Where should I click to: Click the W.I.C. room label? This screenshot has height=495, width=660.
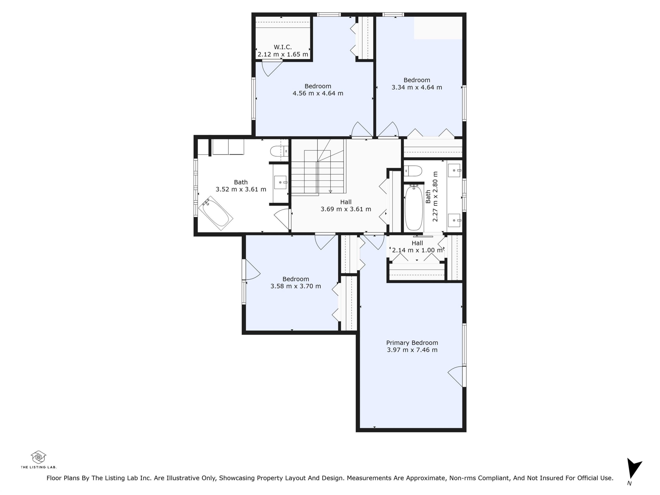tap(282, 47)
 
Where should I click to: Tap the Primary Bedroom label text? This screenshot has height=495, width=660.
tap(412, 343)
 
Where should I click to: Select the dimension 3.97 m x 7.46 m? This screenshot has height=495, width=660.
tap(412, 350)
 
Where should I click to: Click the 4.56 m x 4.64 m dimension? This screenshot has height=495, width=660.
tap(318, 93)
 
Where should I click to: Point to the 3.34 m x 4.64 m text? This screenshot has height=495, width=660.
tap(417, 87)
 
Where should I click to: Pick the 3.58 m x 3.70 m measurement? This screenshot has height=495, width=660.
tap(296, 286)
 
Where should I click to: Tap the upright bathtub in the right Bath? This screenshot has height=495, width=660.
tap(414, 208)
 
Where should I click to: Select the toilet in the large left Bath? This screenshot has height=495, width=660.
tap(279, 151)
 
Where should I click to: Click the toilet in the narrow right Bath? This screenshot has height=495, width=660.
tap(413, 171)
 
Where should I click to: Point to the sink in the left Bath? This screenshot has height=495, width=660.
tap(280, 182)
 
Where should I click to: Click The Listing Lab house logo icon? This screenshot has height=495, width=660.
tap(38, 457)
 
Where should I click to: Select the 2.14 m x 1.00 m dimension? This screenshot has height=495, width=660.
tap(417, 250)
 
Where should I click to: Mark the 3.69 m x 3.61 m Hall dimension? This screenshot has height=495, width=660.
tap(346, 209)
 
